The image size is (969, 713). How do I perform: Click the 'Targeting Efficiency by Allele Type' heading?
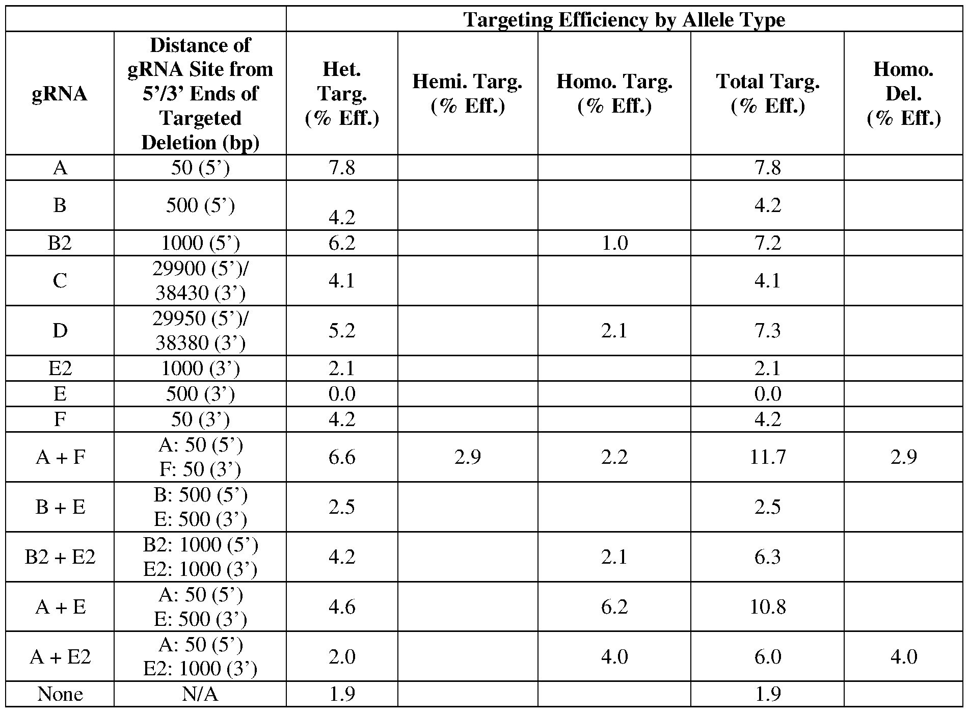[x=624, y=19]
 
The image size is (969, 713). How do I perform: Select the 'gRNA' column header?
[x=60, y=94]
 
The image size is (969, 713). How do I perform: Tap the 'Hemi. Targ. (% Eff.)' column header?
[x=467, y=94]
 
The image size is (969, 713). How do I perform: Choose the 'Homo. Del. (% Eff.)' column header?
[x=903, y=94]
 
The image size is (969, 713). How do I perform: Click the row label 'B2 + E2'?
[x=60, y=557]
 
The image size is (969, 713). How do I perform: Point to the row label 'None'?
[x=60, y=694]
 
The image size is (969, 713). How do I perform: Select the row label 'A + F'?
[x=60, y=457]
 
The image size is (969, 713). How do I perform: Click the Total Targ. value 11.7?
[x=767, y=457]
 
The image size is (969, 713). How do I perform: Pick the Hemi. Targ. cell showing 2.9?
[x=467, y=457]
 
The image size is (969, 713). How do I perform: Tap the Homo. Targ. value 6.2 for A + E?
[x=614, y=606]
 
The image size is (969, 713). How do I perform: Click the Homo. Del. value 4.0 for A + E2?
[x=903, y=656]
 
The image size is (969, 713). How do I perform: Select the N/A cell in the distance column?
[x=200, y=694]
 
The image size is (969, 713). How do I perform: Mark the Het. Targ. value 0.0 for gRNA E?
[x=342, y=394]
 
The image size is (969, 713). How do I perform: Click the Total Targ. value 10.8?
[x=767, y=606]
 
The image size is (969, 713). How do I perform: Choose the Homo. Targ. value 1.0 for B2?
[x=614, y=243]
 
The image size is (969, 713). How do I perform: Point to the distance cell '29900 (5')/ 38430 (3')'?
[x=200, y=281]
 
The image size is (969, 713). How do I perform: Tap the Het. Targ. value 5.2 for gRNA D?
[x=342, y=331]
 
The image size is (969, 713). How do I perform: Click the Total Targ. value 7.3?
[x=767, y=331]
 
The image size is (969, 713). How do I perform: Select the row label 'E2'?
[x=60, y=368]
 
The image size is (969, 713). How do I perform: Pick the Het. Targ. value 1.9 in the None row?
[x=342, y=694]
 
